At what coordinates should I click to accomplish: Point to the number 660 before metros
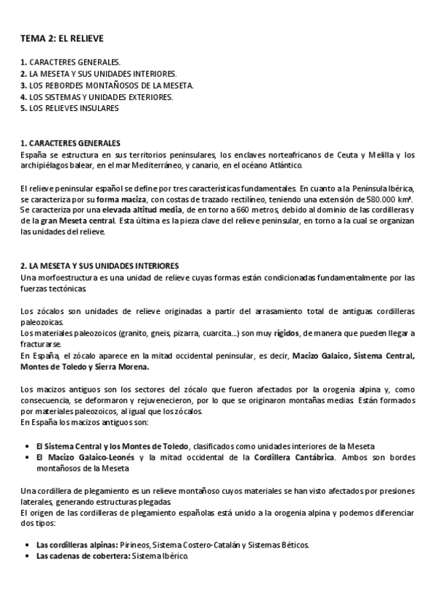pos(216,210)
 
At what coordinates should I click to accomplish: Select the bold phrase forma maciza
pos(116,199)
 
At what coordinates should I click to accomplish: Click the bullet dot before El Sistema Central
pos(28,445)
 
